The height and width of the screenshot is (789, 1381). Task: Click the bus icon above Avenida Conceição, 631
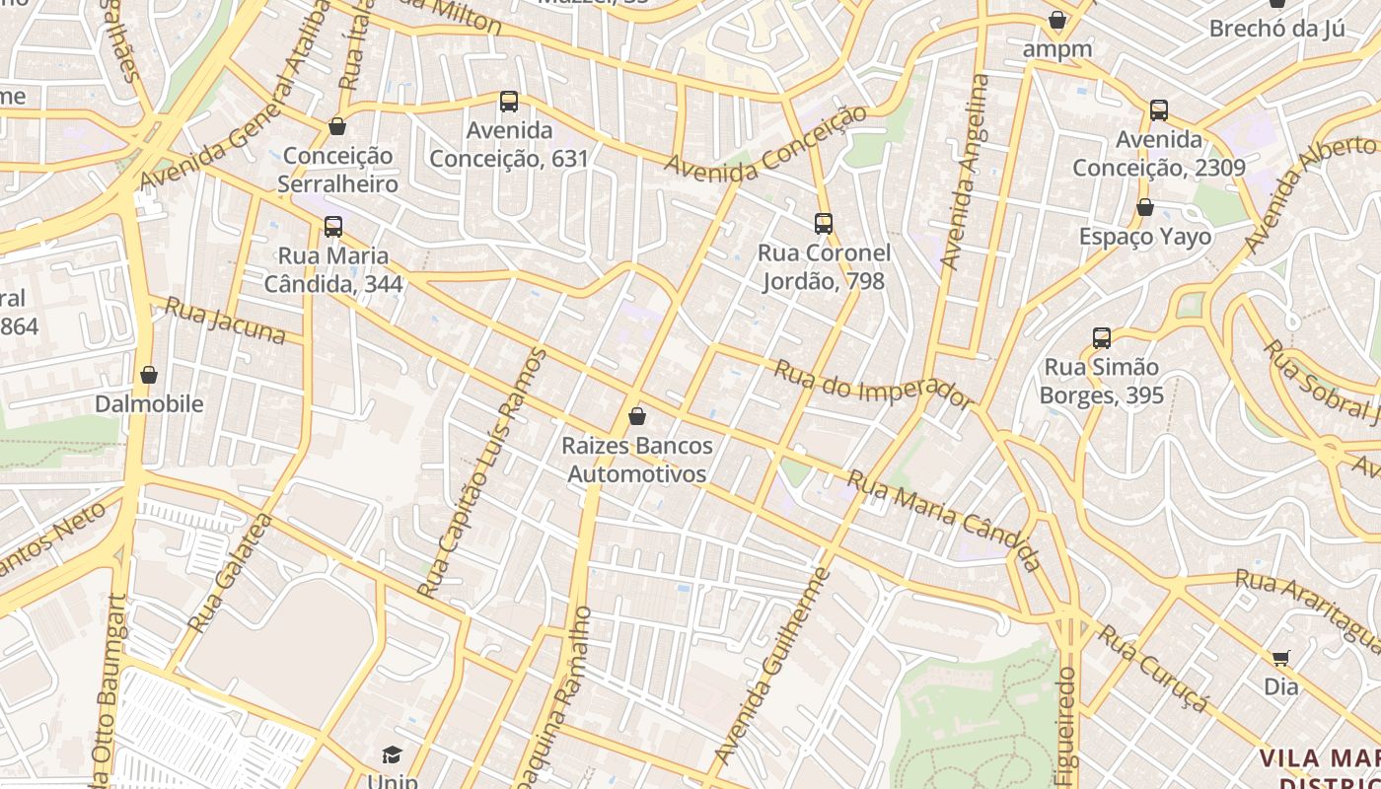click(x=509, y=101)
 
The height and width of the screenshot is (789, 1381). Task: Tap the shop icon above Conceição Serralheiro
click(x=337, y=126)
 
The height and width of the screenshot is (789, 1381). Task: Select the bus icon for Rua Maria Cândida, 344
click(x=333, y=227)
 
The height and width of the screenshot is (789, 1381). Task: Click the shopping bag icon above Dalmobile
click(x=149, y=375)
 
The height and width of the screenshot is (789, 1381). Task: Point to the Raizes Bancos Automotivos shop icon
click(x=637, y=416)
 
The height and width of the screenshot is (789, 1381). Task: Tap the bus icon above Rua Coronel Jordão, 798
click(x=824, y=224)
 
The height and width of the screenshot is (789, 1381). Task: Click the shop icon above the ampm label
click(x=1057, y=20)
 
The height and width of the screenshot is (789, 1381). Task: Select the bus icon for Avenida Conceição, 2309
click(x=1159, y=110)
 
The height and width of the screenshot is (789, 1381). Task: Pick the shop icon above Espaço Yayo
click(x=1145, y=207)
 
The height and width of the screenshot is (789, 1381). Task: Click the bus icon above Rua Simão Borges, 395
click(x=1102, y=338)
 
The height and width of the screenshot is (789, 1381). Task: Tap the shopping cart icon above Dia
click(x=1280, y=658)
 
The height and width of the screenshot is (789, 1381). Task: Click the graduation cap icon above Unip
click(x=393, y=755)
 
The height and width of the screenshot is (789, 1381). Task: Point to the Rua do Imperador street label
click(x=872, y=385)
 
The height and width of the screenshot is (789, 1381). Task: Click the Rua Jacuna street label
click(x=225, y=321)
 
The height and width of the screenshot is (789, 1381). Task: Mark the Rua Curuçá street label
click(x=1153, y=668)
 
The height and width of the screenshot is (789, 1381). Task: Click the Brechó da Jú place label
click(x=1276, y=28)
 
